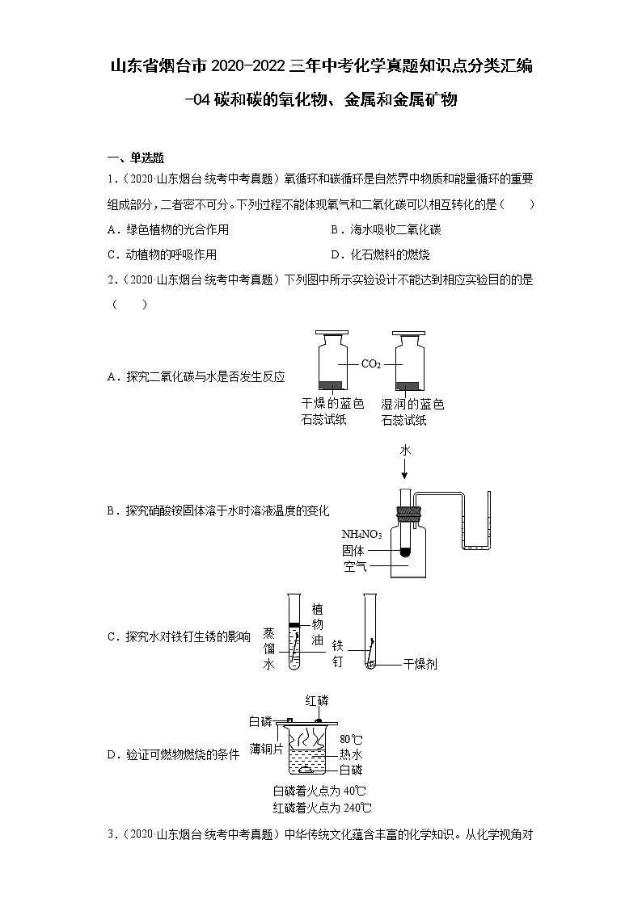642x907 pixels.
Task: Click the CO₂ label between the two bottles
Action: coord(370,364)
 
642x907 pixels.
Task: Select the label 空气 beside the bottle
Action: coord(355,567)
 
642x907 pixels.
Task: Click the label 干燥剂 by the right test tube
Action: coord(420,664)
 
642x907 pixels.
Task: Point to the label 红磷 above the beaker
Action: coord(317,699)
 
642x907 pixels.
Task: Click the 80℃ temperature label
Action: coord(351,739)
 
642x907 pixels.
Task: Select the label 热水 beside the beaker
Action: coord(351,754)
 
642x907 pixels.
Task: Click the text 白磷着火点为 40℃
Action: coord(320,791)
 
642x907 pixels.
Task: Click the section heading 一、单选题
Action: coord(136,157)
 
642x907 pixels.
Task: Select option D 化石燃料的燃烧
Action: coord(380,254)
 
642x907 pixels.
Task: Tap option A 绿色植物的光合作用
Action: coord(167,229)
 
